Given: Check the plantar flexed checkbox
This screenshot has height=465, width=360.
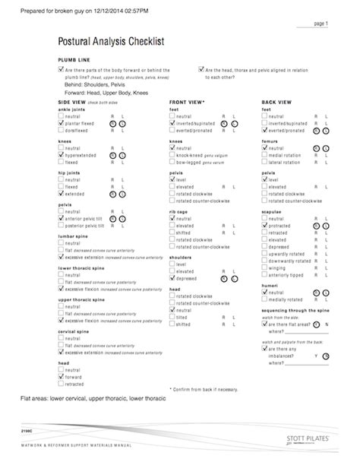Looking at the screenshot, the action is click(61, 122).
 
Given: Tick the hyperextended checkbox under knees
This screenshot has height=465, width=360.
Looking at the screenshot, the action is click(61, 154).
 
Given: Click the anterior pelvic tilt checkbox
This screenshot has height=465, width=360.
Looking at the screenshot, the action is click(61, 218).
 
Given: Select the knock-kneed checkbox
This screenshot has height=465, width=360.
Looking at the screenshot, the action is click(172, 154).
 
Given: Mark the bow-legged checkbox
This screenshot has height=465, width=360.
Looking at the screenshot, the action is click(172, 162).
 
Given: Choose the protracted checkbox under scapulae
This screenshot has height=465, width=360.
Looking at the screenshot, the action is click(264, 226).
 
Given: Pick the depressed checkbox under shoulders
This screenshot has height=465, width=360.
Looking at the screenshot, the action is click(172, 278).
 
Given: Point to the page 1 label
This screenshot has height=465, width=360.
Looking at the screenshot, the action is click(321, 24).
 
